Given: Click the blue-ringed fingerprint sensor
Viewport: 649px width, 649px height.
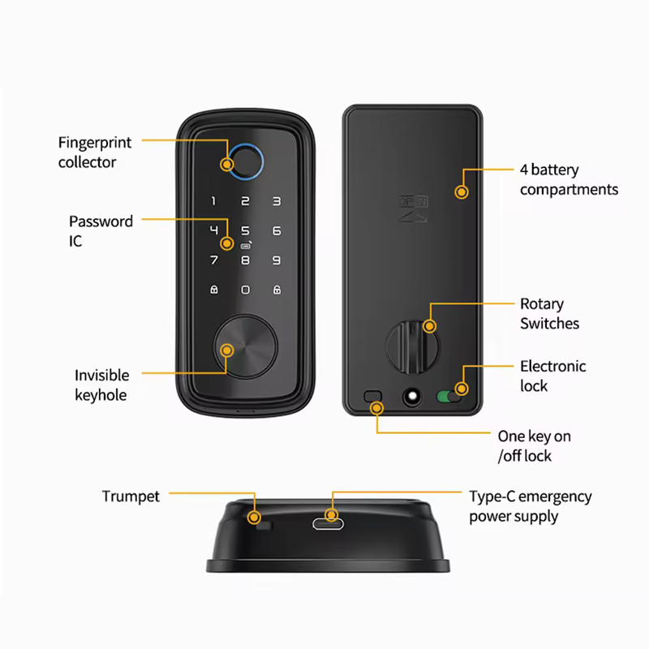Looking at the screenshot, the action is [246, 161].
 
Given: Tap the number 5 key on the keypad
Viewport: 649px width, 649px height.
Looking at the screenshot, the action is [246, 230].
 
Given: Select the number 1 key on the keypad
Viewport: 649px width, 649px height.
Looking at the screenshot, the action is [213, 201].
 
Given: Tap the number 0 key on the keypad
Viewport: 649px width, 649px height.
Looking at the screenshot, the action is [246, 290].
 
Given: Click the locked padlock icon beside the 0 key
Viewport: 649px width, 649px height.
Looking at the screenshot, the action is [214, 290].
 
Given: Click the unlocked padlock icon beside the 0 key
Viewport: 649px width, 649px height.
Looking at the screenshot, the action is [277, 290].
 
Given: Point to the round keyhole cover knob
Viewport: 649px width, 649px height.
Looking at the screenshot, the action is [246, 347].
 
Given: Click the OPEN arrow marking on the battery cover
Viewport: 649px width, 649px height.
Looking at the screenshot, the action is [413, 208].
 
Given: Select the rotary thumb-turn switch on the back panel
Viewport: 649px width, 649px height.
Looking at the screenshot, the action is [412, 347].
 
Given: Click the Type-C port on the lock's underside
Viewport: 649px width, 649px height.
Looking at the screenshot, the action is [329, 524].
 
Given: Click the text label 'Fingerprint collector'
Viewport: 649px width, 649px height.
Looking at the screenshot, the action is [94, 153].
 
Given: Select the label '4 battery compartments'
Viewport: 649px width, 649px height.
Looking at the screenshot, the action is [569, 179].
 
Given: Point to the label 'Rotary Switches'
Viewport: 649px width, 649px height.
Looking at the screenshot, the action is [549, 314].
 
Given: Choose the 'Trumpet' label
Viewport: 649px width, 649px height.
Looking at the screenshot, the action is [131, 496].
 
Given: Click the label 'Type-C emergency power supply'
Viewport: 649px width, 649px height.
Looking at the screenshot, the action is [531, 506].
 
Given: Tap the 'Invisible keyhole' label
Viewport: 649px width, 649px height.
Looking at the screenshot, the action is [101, 385].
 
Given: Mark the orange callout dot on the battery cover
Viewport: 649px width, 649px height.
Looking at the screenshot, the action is [462, 192].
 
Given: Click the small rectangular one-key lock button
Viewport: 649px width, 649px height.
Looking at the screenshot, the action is [372, 396].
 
